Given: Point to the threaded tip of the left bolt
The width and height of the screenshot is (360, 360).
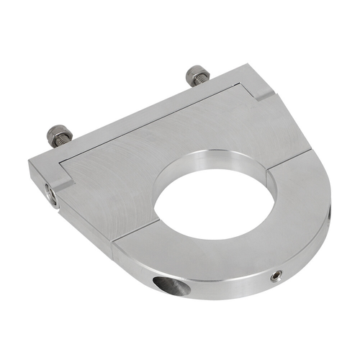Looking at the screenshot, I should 53,130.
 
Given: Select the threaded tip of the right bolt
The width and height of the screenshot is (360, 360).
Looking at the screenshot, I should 192,71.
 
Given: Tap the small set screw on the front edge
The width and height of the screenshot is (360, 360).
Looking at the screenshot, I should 277,276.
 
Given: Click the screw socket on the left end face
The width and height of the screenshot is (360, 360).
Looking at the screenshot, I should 51,193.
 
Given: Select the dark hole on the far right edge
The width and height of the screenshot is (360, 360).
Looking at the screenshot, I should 330,209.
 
